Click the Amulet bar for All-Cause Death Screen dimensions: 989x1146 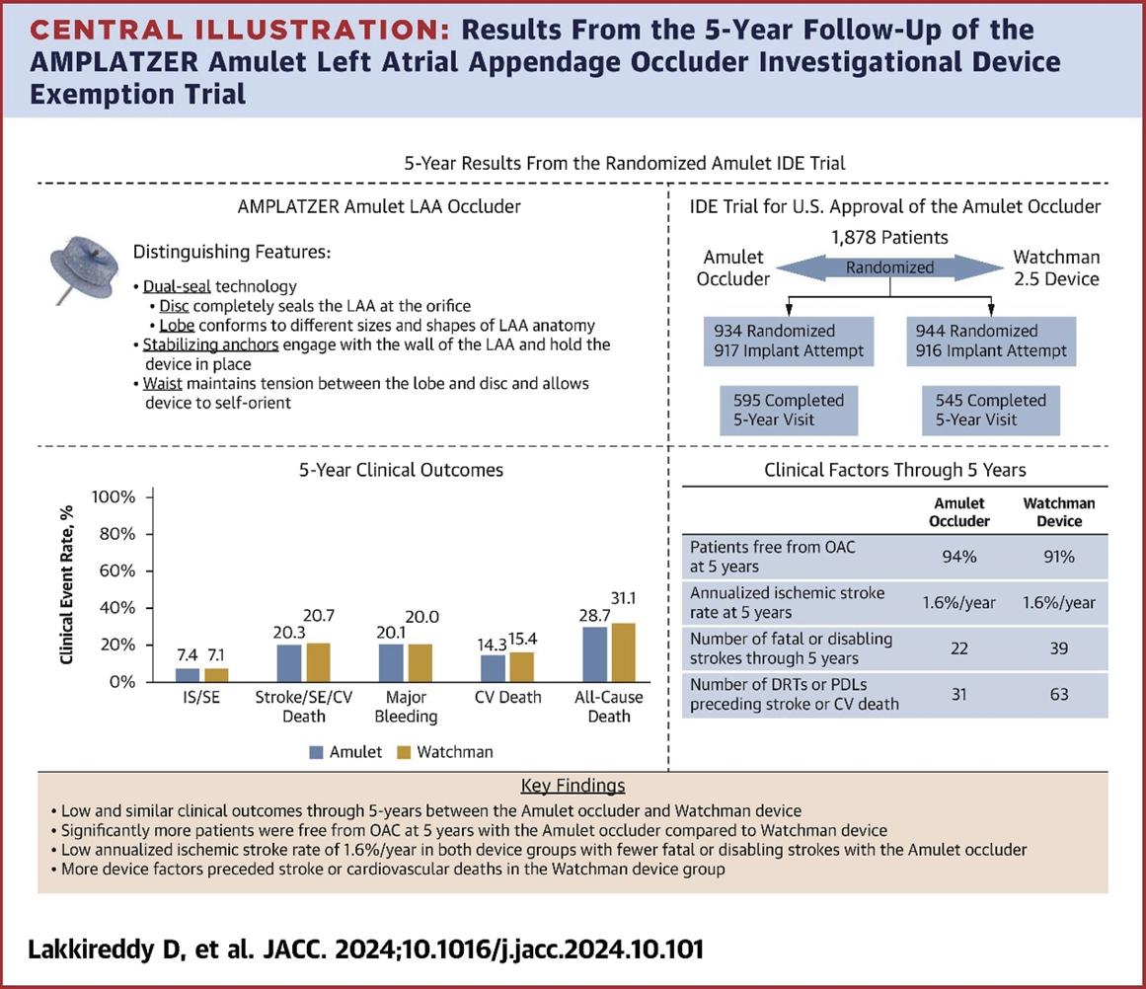pos(595,653)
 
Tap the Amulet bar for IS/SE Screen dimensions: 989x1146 pos(188,674)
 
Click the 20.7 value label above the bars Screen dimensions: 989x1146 pos(319,616)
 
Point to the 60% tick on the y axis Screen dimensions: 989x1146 pos(114,571)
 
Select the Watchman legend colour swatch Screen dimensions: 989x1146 pos(402,752)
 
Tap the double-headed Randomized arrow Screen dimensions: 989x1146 pos(889,267)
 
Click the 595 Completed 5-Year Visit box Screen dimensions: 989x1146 pos(789,410)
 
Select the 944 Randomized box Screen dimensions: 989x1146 pos(991,341)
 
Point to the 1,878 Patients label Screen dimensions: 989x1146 pos(889,237)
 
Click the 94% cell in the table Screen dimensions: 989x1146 pos(959,557)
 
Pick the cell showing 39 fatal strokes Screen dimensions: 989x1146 pos(1059,648)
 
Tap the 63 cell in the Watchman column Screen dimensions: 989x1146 pos(1059,694)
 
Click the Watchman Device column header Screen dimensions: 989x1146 pos(1059,512)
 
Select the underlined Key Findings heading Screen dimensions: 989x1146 pos(573,786)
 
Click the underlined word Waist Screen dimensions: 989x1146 pos(163,383)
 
